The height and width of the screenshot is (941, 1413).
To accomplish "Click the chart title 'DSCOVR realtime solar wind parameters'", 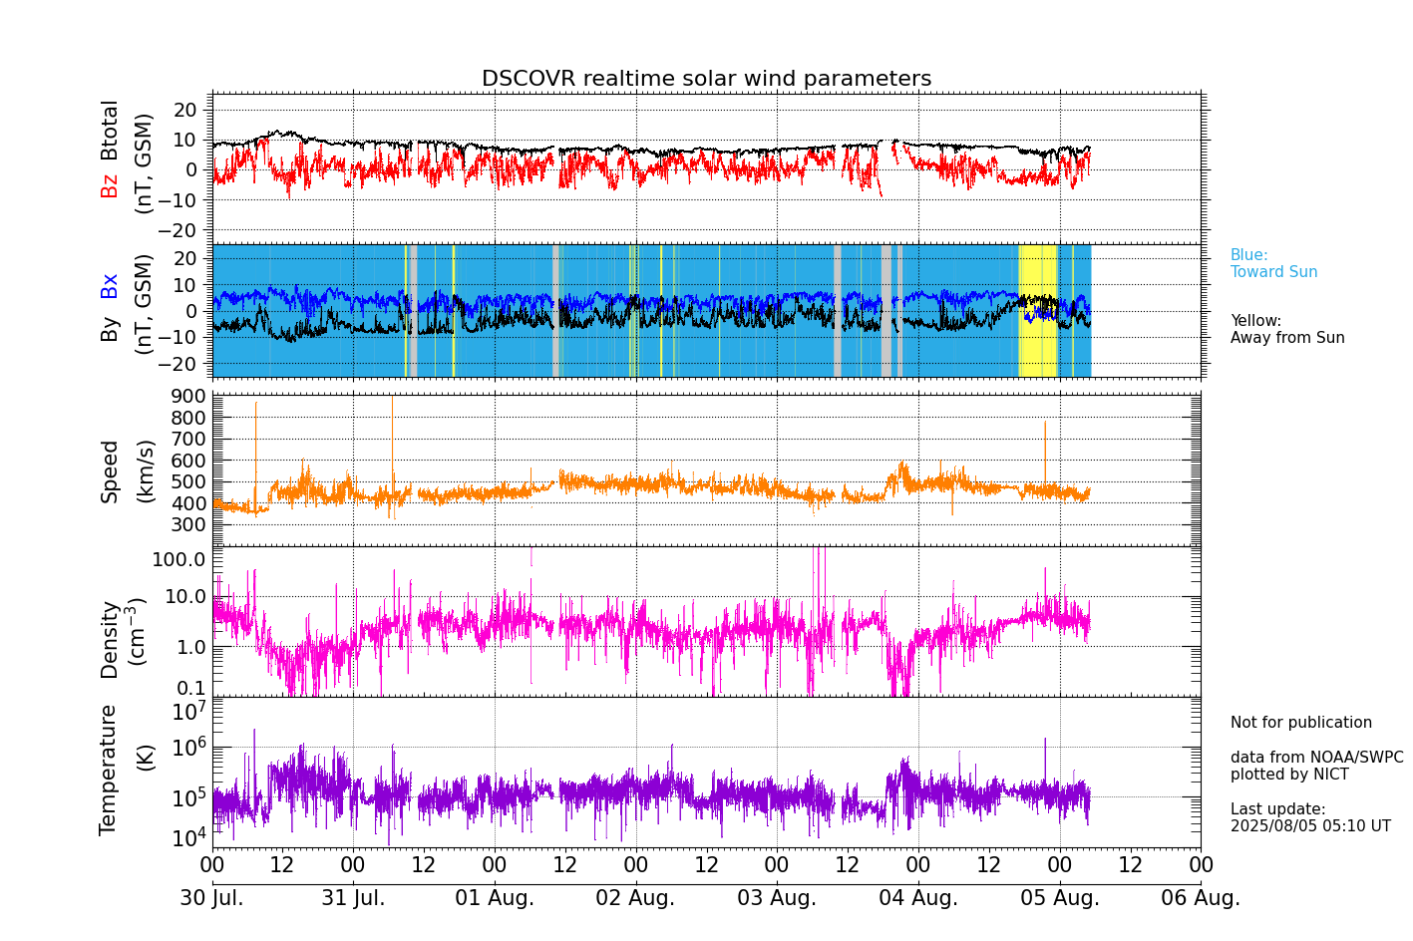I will click(706, 79).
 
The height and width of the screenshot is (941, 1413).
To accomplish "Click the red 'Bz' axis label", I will click(109, 185).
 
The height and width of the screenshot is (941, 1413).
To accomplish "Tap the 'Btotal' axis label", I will click(109, 130).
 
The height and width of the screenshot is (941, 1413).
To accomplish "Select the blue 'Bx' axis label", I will click(109, 286).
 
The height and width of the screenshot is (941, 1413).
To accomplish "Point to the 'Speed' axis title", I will click(109, 470).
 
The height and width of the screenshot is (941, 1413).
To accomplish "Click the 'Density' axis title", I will click(109, 639).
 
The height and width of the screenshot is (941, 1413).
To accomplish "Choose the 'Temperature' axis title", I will click(109, 769).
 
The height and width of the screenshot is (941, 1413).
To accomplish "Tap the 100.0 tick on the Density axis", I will click(179, 559).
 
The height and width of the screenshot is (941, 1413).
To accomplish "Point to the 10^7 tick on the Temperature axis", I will click(188, 712).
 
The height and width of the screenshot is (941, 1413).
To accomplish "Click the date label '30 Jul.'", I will click(211, 898).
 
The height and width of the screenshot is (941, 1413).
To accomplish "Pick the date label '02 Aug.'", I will click(635, 898).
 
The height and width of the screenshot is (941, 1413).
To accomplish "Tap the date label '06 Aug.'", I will click(1201, 898).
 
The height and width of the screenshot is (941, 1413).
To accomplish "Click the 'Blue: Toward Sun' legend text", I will click(1273, 264).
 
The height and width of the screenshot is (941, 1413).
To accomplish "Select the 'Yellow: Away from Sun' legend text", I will click(1286, 329).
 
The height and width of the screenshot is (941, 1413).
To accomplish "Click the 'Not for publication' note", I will click(1300, 723).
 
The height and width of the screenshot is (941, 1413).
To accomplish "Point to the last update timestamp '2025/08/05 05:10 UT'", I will click(1310, 826).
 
